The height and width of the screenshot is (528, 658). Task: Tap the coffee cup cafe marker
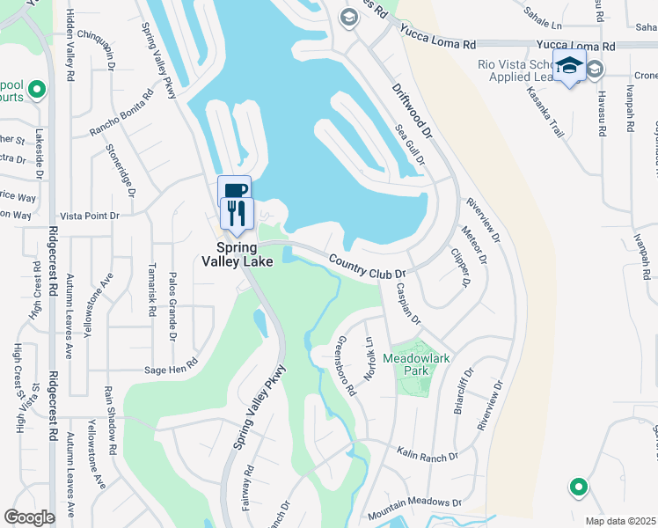pos(234,191)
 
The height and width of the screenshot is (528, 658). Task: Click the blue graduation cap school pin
pos(569,66)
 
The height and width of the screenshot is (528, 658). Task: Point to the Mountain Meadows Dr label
pos(414,508)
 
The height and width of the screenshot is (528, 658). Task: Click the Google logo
pos(29,517)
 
